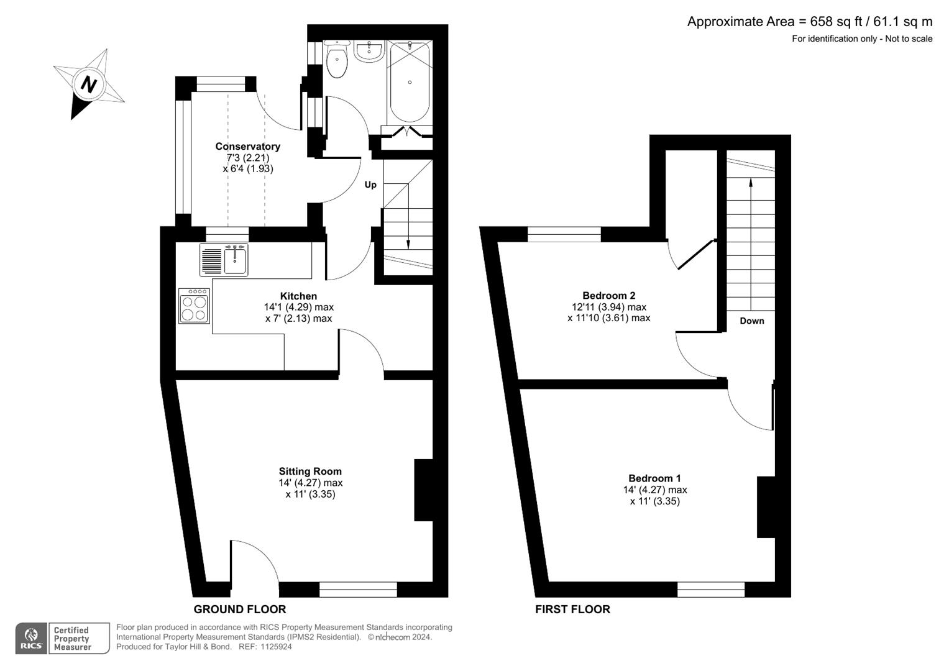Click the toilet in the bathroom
point(337,62)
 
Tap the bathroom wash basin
point(370,52)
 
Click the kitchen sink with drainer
point(224,260)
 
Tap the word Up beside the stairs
point(370,185)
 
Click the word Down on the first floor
point(752,321)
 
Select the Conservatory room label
point(247,147)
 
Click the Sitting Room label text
point(310,472)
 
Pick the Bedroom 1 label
point(654,478)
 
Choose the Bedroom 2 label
point(608,296)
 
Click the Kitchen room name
point(298,296)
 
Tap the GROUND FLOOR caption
point(240,609)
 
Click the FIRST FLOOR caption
point(572,609)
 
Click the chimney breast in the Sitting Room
point(423,490)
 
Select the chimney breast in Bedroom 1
point(766,507)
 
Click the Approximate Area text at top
point(809,22)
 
